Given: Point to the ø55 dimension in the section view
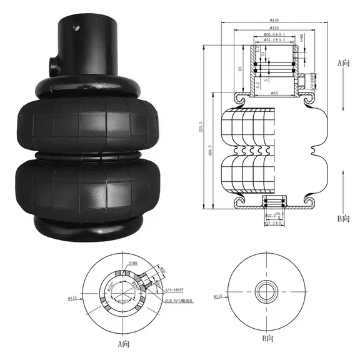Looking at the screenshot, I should tap(274, 93).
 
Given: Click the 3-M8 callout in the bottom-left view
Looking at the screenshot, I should tap(133, 264).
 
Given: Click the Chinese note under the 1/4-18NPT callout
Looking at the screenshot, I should tap(177, 301).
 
